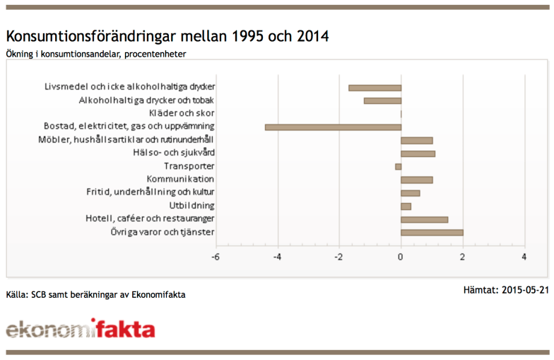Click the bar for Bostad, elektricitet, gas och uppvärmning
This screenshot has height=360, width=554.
tap(333, 127)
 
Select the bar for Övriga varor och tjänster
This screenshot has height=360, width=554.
tap(432, 232)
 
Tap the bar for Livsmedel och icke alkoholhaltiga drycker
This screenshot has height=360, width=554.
tap(375, 88)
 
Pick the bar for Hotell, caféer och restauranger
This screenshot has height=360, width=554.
tap(424, 219)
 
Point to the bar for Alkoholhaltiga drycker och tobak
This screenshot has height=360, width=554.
tap(382, 101)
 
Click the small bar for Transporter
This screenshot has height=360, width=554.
tap(398, 167)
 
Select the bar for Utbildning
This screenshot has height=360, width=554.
tap(406, 206)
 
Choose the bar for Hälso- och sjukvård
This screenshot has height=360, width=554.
tap(418, 153)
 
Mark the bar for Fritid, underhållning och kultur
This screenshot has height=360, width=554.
tap(410, 193)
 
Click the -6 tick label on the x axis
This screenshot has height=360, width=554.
tap(216, 257)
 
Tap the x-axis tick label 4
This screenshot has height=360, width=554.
tap(524, 257)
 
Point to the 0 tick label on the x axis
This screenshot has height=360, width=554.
tap(401, 257)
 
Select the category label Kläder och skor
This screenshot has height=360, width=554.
tap(182, 114)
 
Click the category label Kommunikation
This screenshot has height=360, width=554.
tap(180, 180)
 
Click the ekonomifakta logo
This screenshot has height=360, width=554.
tap(80, 330)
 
